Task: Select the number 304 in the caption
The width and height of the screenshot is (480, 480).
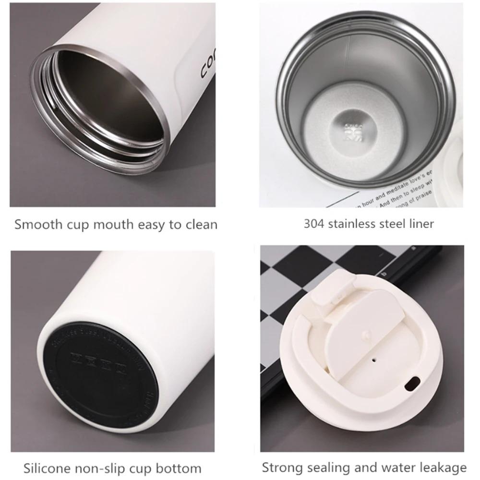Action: point(314,224)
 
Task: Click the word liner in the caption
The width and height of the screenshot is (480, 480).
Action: point(420,224)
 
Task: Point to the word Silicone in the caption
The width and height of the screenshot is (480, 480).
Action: point(47,468)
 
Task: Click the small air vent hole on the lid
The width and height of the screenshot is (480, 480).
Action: point(373,358)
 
